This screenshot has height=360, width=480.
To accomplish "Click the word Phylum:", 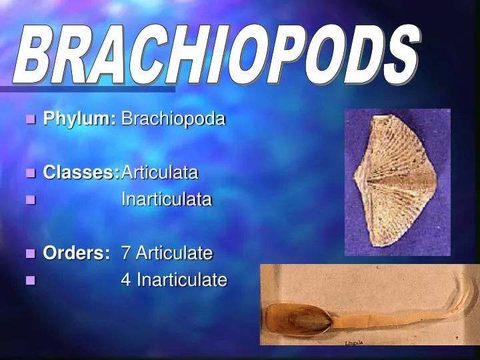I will tap(79, 119).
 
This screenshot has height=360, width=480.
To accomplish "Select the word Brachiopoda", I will tap(173, 119).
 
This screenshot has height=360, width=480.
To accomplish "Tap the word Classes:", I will tap(81, 173).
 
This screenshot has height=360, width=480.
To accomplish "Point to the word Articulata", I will tap(159, 173).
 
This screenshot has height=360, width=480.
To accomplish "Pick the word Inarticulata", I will tap(166, 199).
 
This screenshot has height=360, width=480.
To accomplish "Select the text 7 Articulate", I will tap(167, 253).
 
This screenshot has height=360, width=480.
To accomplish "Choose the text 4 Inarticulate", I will tap(173, 280).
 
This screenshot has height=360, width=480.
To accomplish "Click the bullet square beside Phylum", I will tap(29, 120).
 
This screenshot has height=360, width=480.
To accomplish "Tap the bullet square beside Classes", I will tap(29, 173).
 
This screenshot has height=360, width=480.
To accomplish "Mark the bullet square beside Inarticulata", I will tap(29, 199).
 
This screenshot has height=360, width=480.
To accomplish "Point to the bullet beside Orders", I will tap(29, 253).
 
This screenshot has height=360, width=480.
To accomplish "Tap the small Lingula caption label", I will tap(355, 342).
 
